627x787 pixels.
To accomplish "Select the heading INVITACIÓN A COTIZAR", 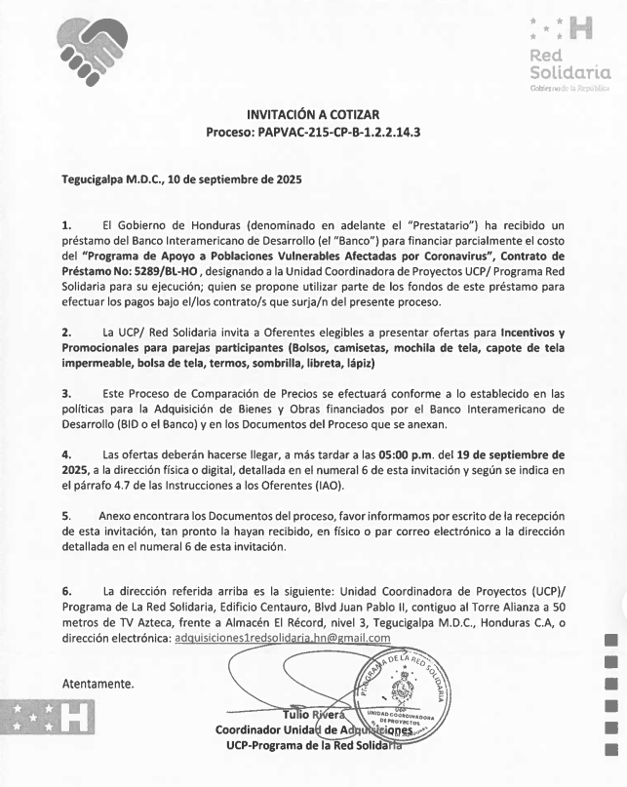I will [313, 114].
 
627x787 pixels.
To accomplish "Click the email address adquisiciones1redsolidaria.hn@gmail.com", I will [282, 638].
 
